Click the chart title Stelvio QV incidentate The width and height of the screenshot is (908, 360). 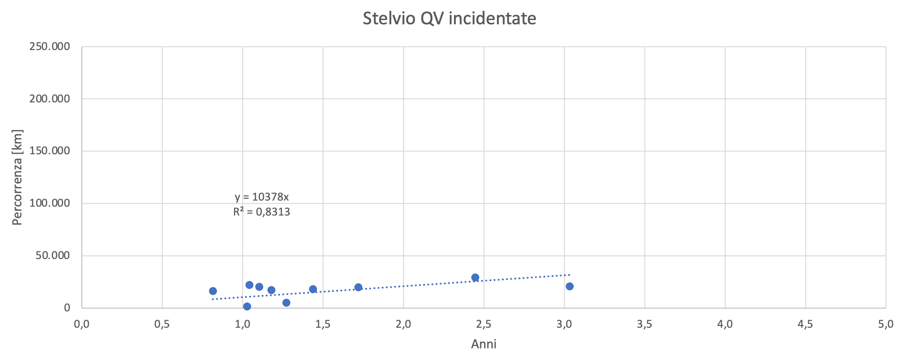(449, 19)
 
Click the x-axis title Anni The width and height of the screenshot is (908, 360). (483, 345)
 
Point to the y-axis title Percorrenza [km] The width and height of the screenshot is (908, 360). (17, 177)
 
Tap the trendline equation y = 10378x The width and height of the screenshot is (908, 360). (262, 197)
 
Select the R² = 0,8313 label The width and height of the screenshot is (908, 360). (262, 212)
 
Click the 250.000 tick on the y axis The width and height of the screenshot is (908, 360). (50, 47)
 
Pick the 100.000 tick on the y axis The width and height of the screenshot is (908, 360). (50, 203)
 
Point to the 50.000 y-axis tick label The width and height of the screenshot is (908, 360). (52, 256)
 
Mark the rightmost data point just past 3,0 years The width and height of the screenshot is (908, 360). (569, 286)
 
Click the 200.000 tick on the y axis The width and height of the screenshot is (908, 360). (50, 99)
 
